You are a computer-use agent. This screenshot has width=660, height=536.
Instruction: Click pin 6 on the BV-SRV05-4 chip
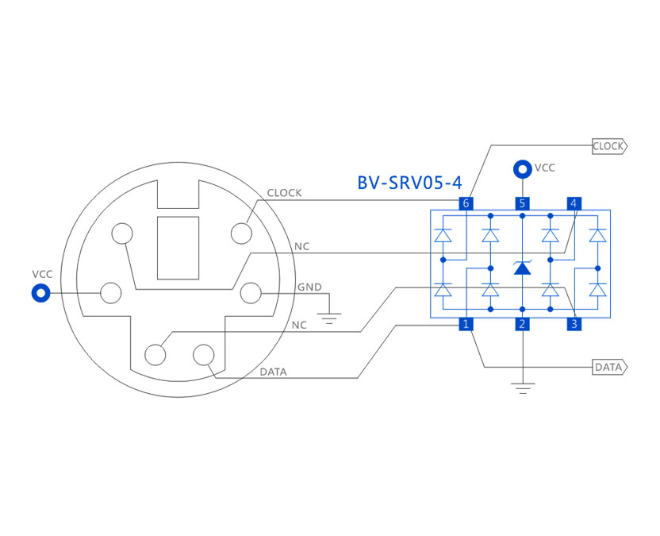tap(466, 203)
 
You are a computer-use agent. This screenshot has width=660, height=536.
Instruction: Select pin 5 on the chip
tap(522, 203)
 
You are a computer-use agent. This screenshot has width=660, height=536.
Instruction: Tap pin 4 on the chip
tap(574, 203)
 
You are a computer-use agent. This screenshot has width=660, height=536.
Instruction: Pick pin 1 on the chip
tap(466, 324)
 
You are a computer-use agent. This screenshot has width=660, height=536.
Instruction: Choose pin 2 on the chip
tap(522, 324)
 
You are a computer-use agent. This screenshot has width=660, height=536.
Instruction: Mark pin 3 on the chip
tap(574, 324)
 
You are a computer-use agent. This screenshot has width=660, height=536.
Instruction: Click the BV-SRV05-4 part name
tap(409, 183)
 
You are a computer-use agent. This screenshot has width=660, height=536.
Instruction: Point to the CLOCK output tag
tap(609, 146)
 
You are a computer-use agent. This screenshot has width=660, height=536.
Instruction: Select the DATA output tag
tap(609, 367)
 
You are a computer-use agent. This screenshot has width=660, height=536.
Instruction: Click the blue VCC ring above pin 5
tap(522, 168)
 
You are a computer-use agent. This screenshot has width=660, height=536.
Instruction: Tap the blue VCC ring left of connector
tap(40, 293)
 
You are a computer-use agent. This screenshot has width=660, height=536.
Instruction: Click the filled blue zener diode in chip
tap(522, 268)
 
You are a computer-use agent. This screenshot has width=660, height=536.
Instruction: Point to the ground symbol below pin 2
tap(522, 388)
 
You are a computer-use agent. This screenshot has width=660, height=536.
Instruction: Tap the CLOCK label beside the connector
tap(284, 193)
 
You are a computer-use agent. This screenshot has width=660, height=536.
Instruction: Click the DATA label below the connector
tap(274, 372)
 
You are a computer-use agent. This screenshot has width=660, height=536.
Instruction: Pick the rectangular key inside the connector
tap(178, 247)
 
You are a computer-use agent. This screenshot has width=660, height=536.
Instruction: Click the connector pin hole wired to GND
tap(251, 293)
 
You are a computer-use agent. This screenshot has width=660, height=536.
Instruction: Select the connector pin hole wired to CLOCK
tap(241, 233)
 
